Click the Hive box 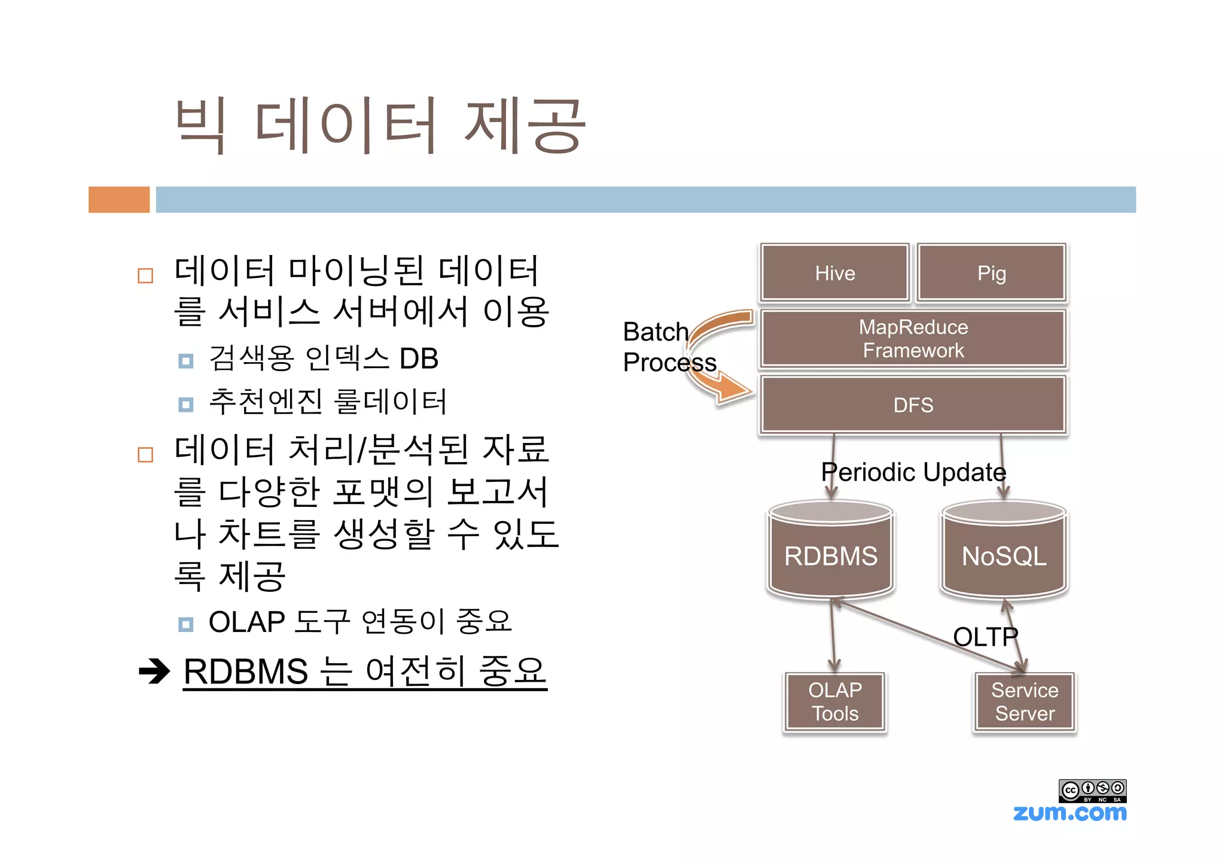[834, 273]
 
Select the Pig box [991, 273]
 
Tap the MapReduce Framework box [913, 339]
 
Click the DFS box [913, 405]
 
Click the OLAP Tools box [834, 701]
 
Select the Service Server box [1024, 701]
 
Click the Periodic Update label [913, 472]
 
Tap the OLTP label [985, 637]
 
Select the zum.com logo [1069, 813]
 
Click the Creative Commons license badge [1092, 791]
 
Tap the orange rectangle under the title [119, 199]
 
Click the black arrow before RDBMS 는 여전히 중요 [154, 671]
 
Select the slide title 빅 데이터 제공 [380, 126]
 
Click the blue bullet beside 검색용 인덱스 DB [186, 361]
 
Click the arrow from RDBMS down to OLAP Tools [833, 634]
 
